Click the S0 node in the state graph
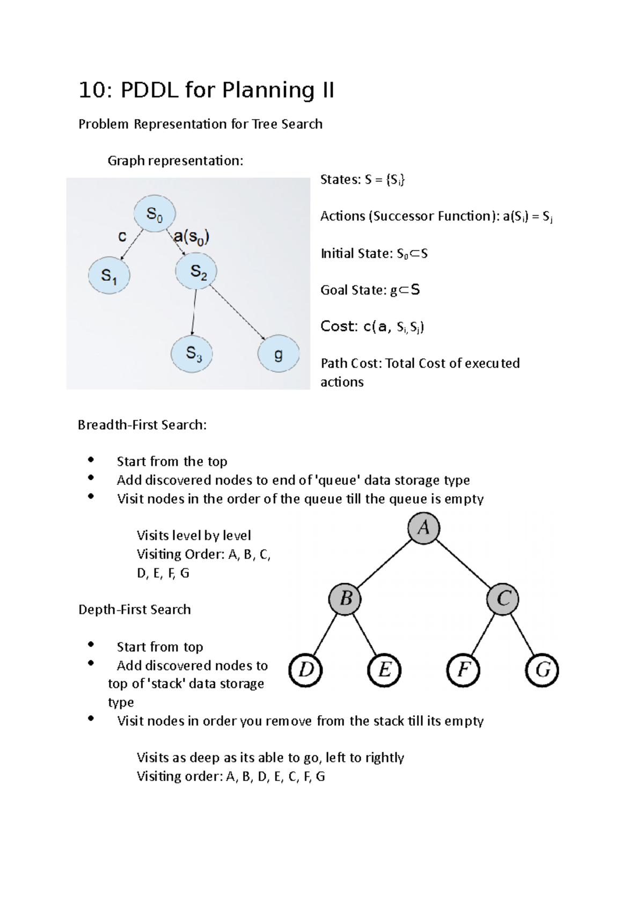[x=155, y=214]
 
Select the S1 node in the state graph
[x=109, y=275]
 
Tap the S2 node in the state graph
[x=196, y=271]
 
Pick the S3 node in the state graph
[x=192, y=353]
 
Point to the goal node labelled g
[x=278, y=354]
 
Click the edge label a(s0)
[x=192, y=237]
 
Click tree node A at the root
[x=423, y=528]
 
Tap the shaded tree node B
[x=346, y=598]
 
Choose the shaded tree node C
[x=502, y=598]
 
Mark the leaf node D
[x=305, y=670]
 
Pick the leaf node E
[x=384, y=670]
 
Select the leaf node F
[x=463, y=670]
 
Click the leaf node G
[x=542, y=670]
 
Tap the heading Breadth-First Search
[x=142, y=425]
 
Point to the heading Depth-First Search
[x=135, y=609]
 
